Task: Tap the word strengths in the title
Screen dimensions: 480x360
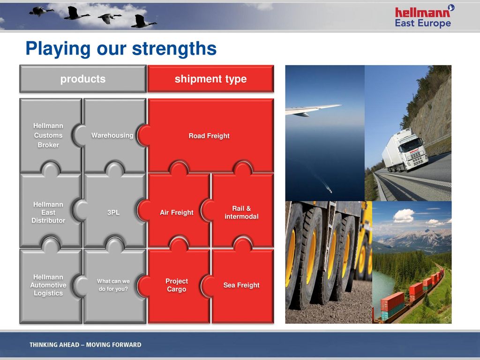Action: [x=174, y=49]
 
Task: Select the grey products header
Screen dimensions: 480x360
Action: [x=83, y=79]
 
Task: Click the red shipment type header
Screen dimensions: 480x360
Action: [x=210, y=79]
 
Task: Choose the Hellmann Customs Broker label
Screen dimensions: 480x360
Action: [x=48, y=135]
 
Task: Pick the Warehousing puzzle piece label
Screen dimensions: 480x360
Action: [x=112, y=135]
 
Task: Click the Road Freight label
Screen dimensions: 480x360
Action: [x=209, y=135]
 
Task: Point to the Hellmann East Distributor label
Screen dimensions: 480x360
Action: [x=48, y=212]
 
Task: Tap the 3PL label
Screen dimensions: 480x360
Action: [x=113, y=212]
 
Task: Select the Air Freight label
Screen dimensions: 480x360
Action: [x=177, y=212]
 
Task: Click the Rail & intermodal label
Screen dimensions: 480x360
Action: [x=241, y=212]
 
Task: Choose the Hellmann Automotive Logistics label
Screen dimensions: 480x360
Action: [x=48, y=285]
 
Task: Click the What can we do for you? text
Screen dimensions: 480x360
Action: [x=113, y=285]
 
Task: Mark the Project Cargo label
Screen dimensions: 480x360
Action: [x=177, y=285]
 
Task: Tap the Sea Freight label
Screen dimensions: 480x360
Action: [x=241, y=285]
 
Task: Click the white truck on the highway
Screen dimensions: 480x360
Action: [x=405, y=150]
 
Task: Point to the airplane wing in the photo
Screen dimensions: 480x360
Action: [x=313, y=110]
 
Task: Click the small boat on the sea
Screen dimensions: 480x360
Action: [x=330, y=190]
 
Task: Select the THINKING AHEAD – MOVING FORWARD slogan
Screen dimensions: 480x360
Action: [x=85, y=345]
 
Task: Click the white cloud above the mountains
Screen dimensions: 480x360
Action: [x=404, y=216]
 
